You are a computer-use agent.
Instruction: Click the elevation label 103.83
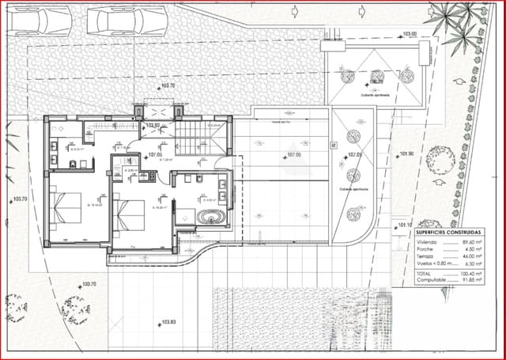click(x=168, y=322)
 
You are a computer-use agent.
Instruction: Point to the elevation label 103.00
click(x=409, y=35)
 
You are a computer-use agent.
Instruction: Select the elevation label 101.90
click(x=407, y=154)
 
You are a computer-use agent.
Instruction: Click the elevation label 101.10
click(x=406, y=225)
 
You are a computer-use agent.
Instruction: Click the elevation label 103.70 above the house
click(x=168, y=85)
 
